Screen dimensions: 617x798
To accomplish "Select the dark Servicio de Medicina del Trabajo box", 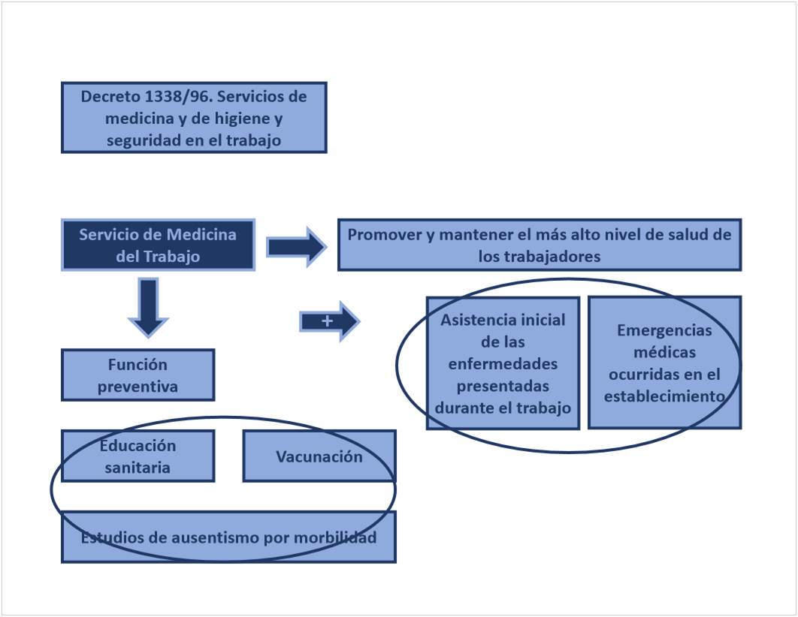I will pos(158,245).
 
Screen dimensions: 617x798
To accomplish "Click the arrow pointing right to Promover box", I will pos(295,246).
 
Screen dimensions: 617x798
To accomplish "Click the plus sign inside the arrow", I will pos(327,321).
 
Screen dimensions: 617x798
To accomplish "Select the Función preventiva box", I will pos(138,375).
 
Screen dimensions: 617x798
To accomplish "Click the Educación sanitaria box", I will pos(138,456).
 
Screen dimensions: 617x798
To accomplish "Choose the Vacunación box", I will pos(319,456).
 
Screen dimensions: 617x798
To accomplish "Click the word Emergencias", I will pos(664,330).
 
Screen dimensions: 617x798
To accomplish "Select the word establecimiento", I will pos(664,396).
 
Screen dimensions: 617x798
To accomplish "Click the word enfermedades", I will pos(503,364).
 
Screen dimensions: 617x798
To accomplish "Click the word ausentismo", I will pos(207,538).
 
